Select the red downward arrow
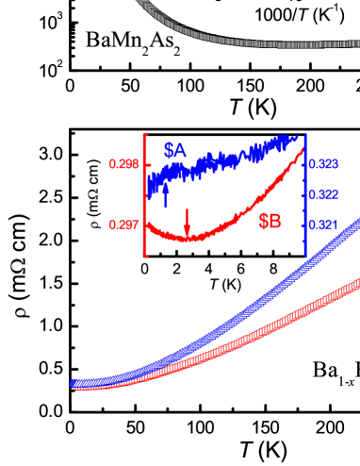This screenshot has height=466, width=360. pyautogui.click(x=187, y=223)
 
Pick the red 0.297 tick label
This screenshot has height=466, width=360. pyautogui.click(x=123, y=225)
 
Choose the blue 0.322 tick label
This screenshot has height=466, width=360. pyautogui.click(x=325, y=194)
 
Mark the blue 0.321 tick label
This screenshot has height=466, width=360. pyautogui.click(x=325, y=225)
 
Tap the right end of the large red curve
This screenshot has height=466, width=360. pyautogui.click(x=355, y=281)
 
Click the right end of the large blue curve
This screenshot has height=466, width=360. pyautogui.click(x=355, y=225)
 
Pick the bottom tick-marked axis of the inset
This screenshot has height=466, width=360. pyautogui.click(x=226, y=254)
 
